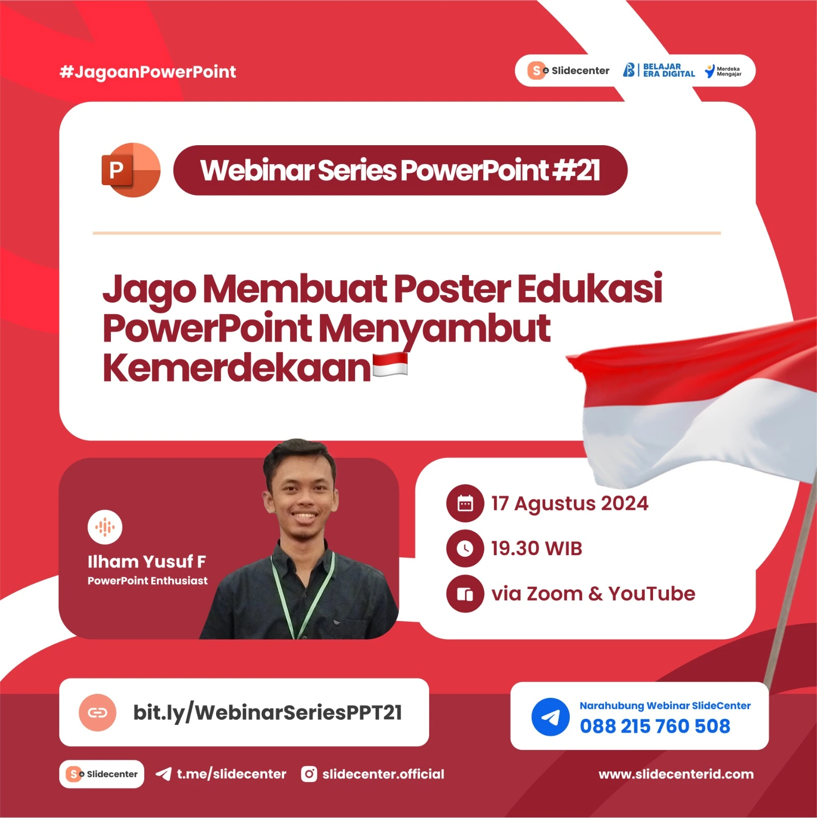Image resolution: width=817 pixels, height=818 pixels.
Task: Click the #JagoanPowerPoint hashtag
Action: pos(148,72)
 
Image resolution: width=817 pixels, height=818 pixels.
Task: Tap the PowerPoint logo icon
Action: pos(131,170)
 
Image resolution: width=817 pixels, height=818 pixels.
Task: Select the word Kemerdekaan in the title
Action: pos(236,368)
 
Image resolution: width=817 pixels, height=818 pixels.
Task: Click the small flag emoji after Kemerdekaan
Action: pos(390,365)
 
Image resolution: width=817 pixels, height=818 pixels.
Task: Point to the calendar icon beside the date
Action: pos(464,504)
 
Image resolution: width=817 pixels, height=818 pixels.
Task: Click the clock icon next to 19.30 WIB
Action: pos(464,549)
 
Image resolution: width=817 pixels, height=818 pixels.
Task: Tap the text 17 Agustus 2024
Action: pos(569,504)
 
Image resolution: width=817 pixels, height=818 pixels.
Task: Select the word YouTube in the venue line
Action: pos(651,594)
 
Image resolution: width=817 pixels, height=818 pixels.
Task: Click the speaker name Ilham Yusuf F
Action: pos(147,561)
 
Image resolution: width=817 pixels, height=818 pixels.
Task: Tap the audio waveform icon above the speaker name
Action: pos(105,527)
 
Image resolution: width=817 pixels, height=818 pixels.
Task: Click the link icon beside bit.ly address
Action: pos(97,713)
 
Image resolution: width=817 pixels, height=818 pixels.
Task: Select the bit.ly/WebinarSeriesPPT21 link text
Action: pos(267,713)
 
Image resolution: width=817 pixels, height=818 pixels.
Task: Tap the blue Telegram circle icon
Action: pos(550,717)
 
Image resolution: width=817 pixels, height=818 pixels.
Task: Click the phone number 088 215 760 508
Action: pos(655,726)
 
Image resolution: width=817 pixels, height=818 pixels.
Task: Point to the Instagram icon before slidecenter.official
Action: pos(309,774)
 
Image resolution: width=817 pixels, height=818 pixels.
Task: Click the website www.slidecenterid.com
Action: pos(675,774)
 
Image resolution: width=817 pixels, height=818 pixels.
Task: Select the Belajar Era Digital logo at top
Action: pos(659,71)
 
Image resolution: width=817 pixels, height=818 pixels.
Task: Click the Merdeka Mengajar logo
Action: pos(723,71)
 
